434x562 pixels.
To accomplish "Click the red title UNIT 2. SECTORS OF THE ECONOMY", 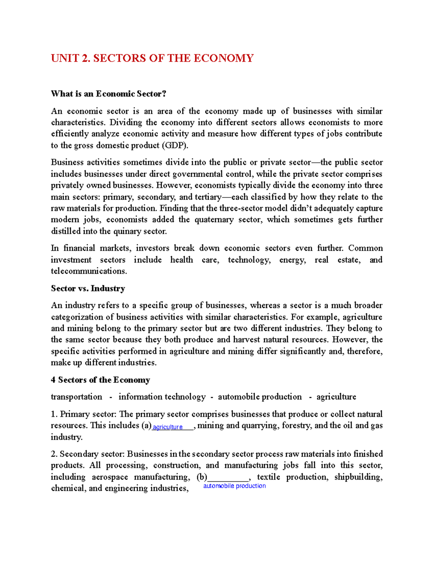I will [x=152, y=58].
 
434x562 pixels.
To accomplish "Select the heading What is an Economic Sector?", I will [x=109, y=94].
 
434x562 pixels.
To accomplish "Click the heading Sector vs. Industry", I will [x=88, y=288].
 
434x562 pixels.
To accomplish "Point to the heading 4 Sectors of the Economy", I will [x=100, y=380].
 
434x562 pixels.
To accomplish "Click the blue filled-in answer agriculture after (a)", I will [x=167, y=427].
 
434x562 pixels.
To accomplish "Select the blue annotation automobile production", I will [x=234, y=486].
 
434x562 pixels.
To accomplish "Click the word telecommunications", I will [x=89, y=271].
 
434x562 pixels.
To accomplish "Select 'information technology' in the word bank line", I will [x=162, y=397].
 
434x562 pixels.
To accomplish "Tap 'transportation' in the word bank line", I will [x=77, y=397].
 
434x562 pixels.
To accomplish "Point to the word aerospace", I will [x=110, y=477].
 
